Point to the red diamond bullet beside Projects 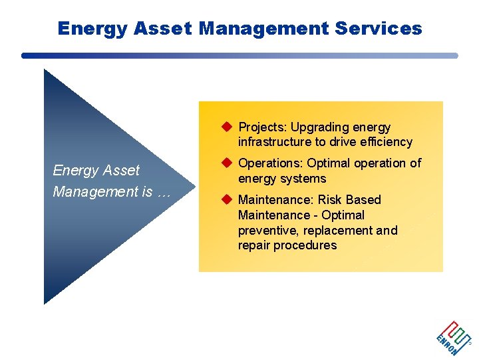tap(226, 127)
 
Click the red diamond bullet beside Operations tap(226, 163)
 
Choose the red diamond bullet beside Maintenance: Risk tap(226, 200)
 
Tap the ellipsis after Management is tap(164, 193)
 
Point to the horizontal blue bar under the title tap(239, 56)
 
